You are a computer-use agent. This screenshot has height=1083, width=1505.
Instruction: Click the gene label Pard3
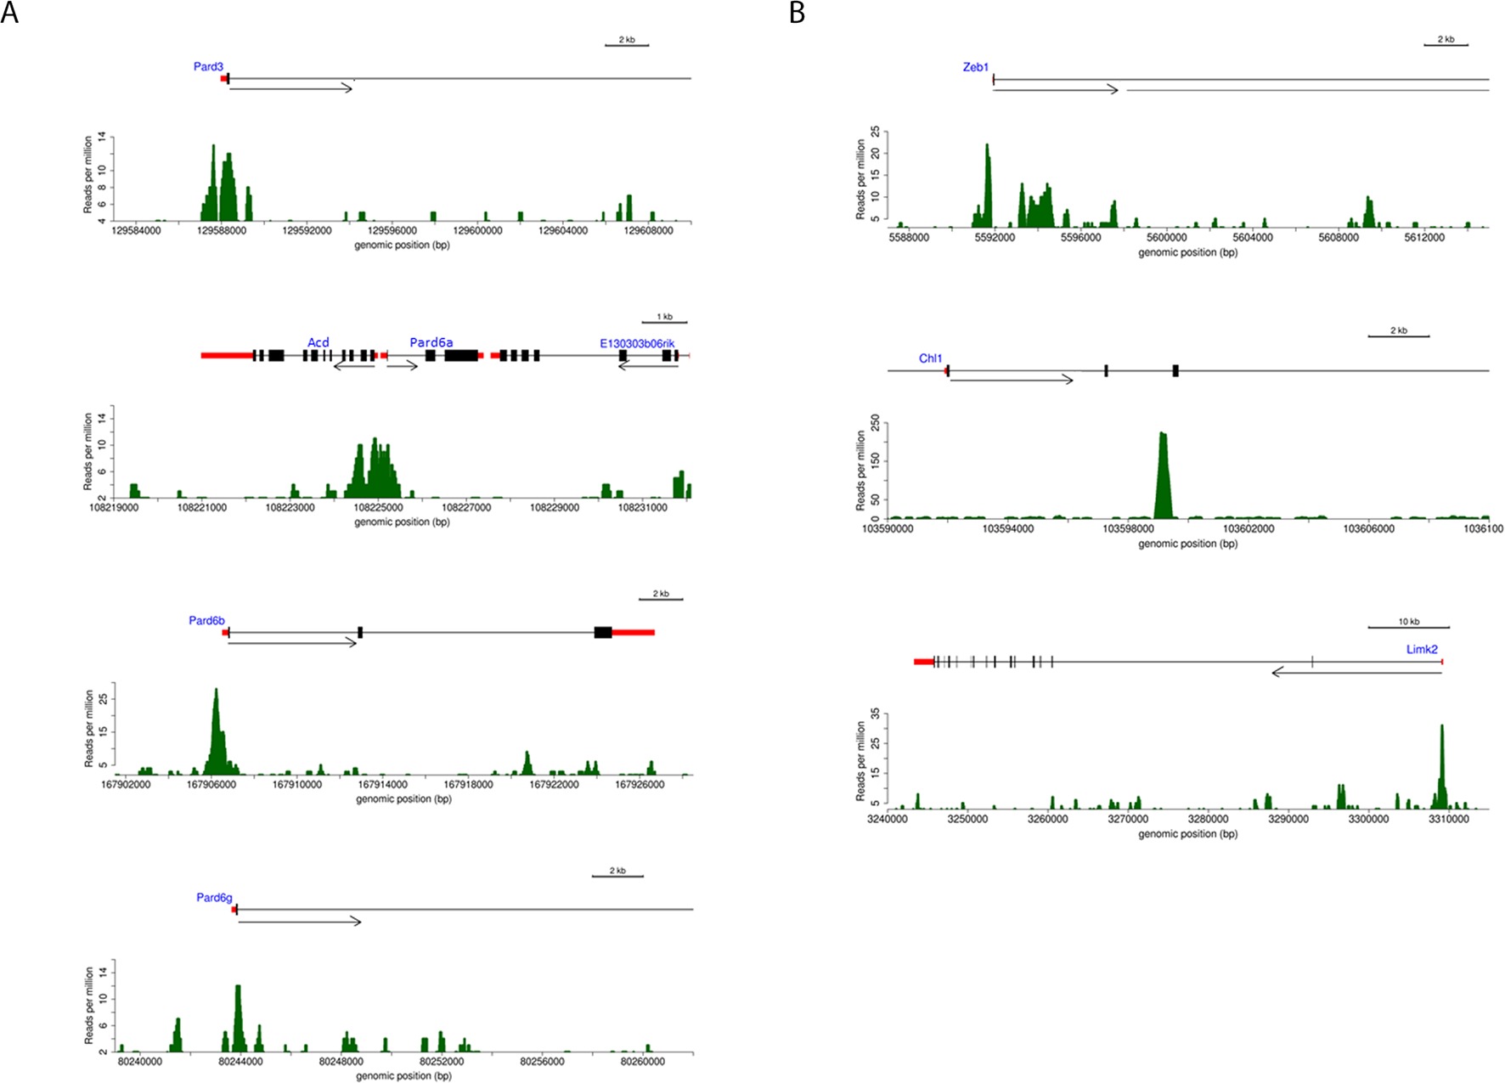coord(208,66)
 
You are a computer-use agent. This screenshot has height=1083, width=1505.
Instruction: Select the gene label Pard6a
coord(431,342)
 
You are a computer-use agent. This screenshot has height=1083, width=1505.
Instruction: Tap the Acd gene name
coord(318,342)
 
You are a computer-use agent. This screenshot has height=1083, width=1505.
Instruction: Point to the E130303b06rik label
coord(637,343)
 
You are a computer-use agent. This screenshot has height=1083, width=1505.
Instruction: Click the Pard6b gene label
coord(206,621)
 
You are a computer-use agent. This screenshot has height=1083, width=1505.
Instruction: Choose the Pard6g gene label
coord(214,897)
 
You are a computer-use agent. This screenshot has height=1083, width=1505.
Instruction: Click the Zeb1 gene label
coord(975,67)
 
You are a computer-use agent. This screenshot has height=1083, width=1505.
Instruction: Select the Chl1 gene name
coord(930,358)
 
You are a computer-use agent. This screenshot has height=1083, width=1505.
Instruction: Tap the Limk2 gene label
coord(1422,649)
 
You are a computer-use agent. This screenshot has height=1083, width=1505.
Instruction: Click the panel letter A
coord(9,13)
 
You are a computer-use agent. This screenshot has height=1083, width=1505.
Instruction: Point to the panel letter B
coord(797,13)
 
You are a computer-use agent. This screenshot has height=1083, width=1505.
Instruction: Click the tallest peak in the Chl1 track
coord(1163,436)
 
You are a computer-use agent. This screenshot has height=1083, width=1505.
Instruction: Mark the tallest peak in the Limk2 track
coord(1441,728)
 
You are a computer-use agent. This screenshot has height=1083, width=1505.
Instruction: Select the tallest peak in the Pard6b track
coord(216,691)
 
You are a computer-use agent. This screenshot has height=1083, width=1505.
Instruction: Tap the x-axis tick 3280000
coord(1208,820)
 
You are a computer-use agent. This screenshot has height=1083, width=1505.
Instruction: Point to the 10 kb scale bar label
coord(1408,622)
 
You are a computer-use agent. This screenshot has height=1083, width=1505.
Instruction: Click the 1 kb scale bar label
coord(664,317)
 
